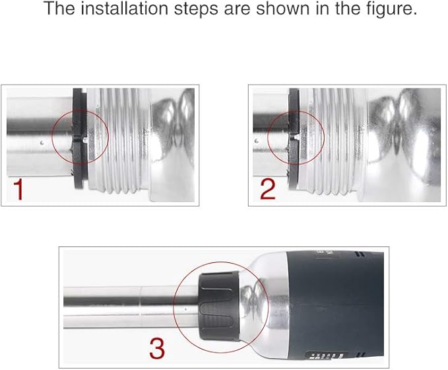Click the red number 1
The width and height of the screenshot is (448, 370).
[x=18, y=190]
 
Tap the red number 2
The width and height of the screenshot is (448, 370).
[x=268, y=189]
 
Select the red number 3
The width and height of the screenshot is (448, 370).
[x=157, y=349]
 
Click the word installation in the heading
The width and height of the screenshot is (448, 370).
[x=124, y=9]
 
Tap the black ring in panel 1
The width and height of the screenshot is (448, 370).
[x=79, y=139]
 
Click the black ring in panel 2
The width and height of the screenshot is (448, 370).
[x=294, y=139]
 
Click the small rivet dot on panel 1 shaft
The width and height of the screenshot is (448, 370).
[x=42, y=142]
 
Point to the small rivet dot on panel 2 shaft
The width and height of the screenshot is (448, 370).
[x=256, y=141]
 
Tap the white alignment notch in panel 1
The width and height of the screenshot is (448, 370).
[x=84, y=139]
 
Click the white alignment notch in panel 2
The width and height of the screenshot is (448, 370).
[x=297, y=137]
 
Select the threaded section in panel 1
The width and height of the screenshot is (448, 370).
[x=119, y=139]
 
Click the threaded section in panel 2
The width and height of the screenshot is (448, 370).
[x=333, y=139]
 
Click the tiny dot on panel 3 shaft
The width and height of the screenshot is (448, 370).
[x=185, y=309]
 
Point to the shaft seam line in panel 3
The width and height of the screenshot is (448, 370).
[x=140, y=301]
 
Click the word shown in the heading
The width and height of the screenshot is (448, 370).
[x=282, y=9]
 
